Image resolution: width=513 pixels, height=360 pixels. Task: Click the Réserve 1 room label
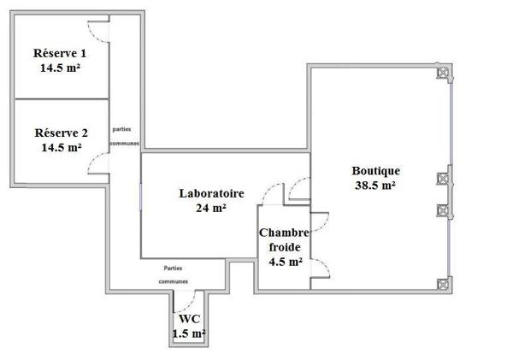[x=59, y=53]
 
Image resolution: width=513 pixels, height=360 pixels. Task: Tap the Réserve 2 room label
[x=60, y=133]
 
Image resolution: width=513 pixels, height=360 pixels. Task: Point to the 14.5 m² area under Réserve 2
[x=60, y=146]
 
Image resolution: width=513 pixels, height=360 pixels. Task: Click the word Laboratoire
[x=211, y=193]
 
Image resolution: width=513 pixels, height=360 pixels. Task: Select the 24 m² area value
[x=211, y=207]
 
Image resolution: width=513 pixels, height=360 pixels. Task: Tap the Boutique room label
[x=375, y=170]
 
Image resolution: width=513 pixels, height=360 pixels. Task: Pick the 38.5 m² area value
[x=375, y=184]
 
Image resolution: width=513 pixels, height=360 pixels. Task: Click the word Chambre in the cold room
[x=285, y=233]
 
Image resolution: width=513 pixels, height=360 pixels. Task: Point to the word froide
[x=285, y=247]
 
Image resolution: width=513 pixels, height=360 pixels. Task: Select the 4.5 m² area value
[x=285, y=262]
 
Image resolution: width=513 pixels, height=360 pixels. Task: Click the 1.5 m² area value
[x=188, y=333]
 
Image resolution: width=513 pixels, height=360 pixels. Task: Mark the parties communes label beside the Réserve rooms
[x=125, y=137]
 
